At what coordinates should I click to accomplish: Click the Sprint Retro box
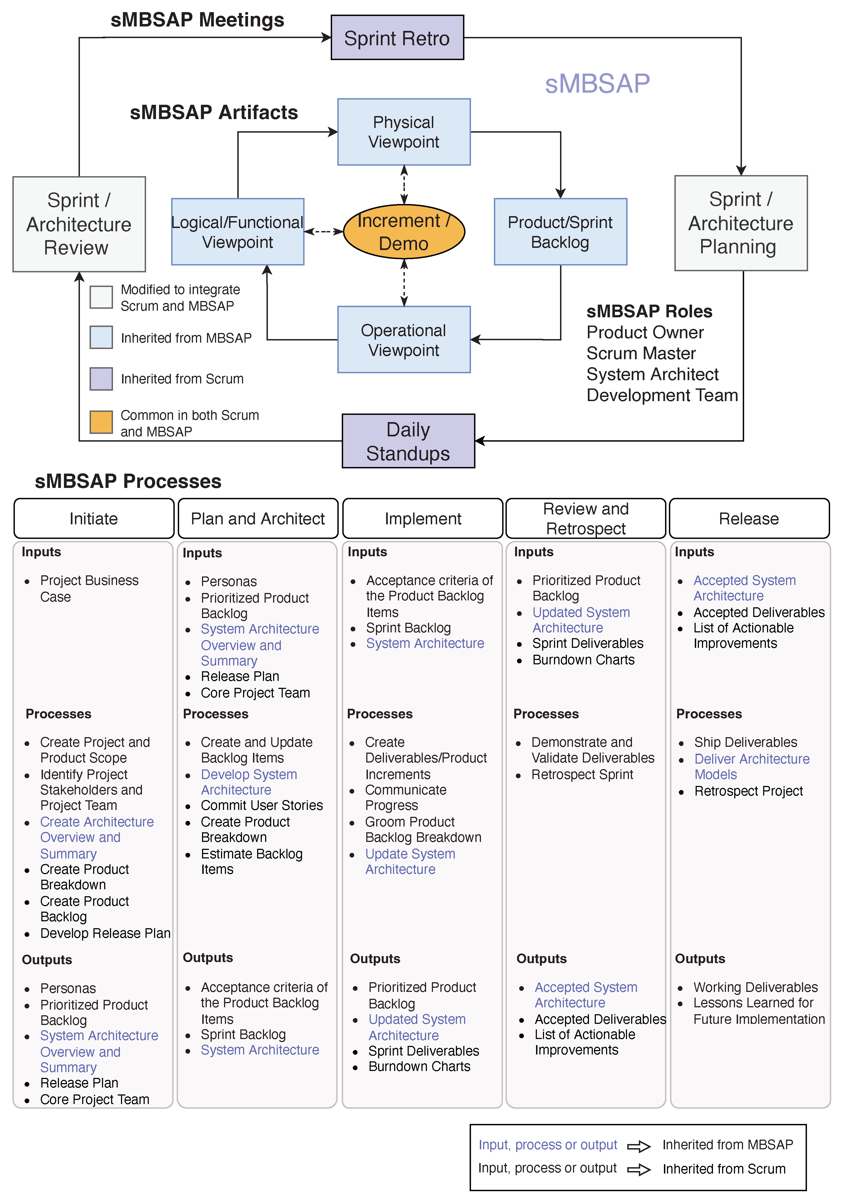(x=397, y=38)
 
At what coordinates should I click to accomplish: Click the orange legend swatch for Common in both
(x=101, y=422)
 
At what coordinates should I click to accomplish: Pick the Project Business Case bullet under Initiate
(x=89, y=589)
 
